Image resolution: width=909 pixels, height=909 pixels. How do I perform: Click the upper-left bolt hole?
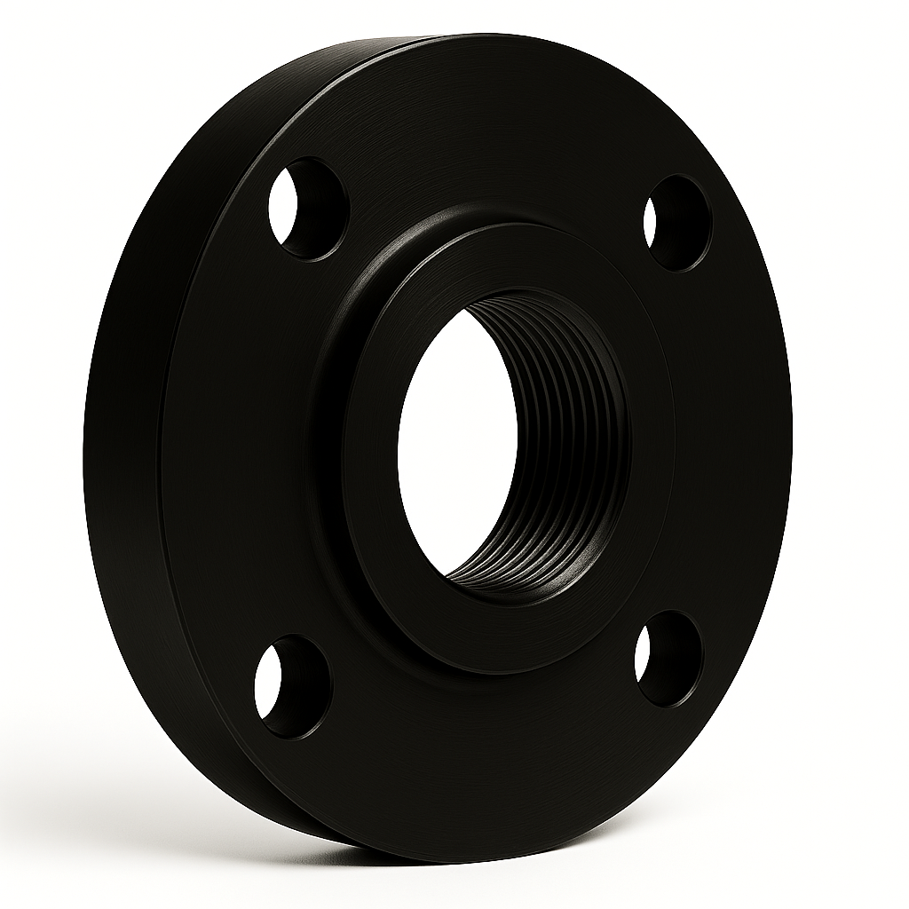(307, 208)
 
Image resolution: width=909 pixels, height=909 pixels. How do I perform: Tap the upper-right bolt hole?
(676, 222)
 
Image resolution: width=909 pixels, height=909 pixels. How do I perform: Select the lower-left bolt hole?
(292, 684)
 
